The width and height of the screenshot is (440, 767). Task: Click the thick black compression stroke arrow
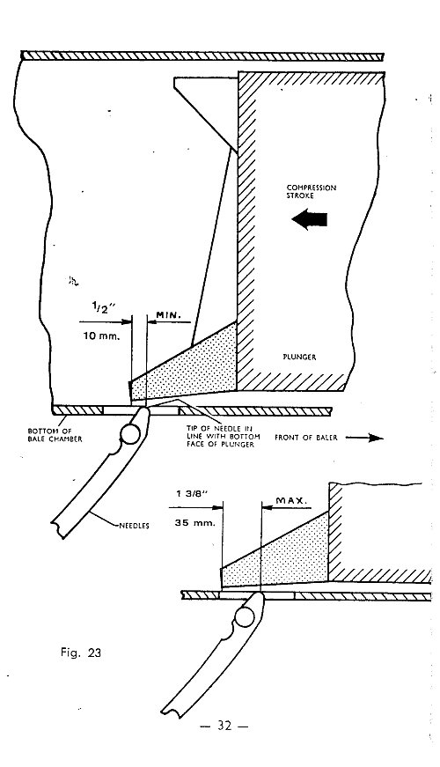point(309,219)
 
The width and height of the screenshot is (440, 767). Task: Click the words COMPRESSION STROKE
point(312,191)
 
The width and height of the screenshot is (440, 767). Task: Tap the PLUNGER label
point(299,358)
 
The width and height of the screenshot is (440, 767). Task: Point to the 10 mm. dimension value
point(102,336)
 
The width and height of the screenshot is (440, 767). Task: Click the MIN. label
point(168,315)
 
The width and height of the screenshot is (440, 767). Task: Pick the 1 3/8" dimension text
point(193,493)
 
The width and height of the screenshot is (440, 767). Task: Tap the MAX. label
point(291,501)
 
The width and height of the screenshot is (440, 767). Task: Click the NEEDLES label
point(134,527)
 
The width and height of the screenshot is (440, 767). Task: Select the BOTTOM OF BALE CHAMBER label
point(55,435)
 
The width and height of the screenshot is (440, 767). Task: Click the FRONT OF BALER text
point(305,438)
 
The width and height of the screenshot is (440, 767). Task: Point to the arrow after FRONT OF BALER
point(364,438)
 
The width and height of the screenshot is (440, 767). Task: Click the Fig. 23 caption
point(81,652)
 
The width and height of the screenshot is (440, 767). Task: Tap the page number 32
point(224,726)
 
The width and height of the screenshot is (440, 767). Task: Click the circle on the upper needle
point(130,434)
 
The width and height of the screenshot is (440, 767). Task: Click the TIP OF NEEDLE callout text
point(223,436)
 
